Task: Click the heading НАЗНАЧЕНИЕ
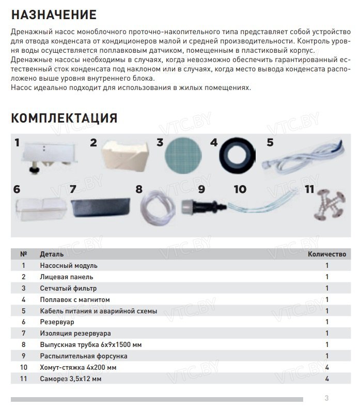click(54, 14)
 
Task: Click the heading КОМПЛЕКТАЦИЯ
click(64, 118)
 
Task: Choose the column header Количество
click(326, 254)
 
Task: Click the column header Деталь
click(52, 254)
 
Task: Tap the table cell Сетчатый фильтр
click(68, 288)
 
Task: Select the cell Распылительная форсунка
click(83, 356)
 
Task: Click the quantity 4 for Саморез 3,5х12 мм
click(327, 379)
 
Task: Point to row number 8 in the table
click(23, 345)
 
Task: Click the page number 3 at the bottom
click(326, 398)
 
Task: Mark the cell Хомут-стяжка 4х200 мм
click(78, 368)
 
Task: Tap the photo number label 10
click(240, 189)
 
